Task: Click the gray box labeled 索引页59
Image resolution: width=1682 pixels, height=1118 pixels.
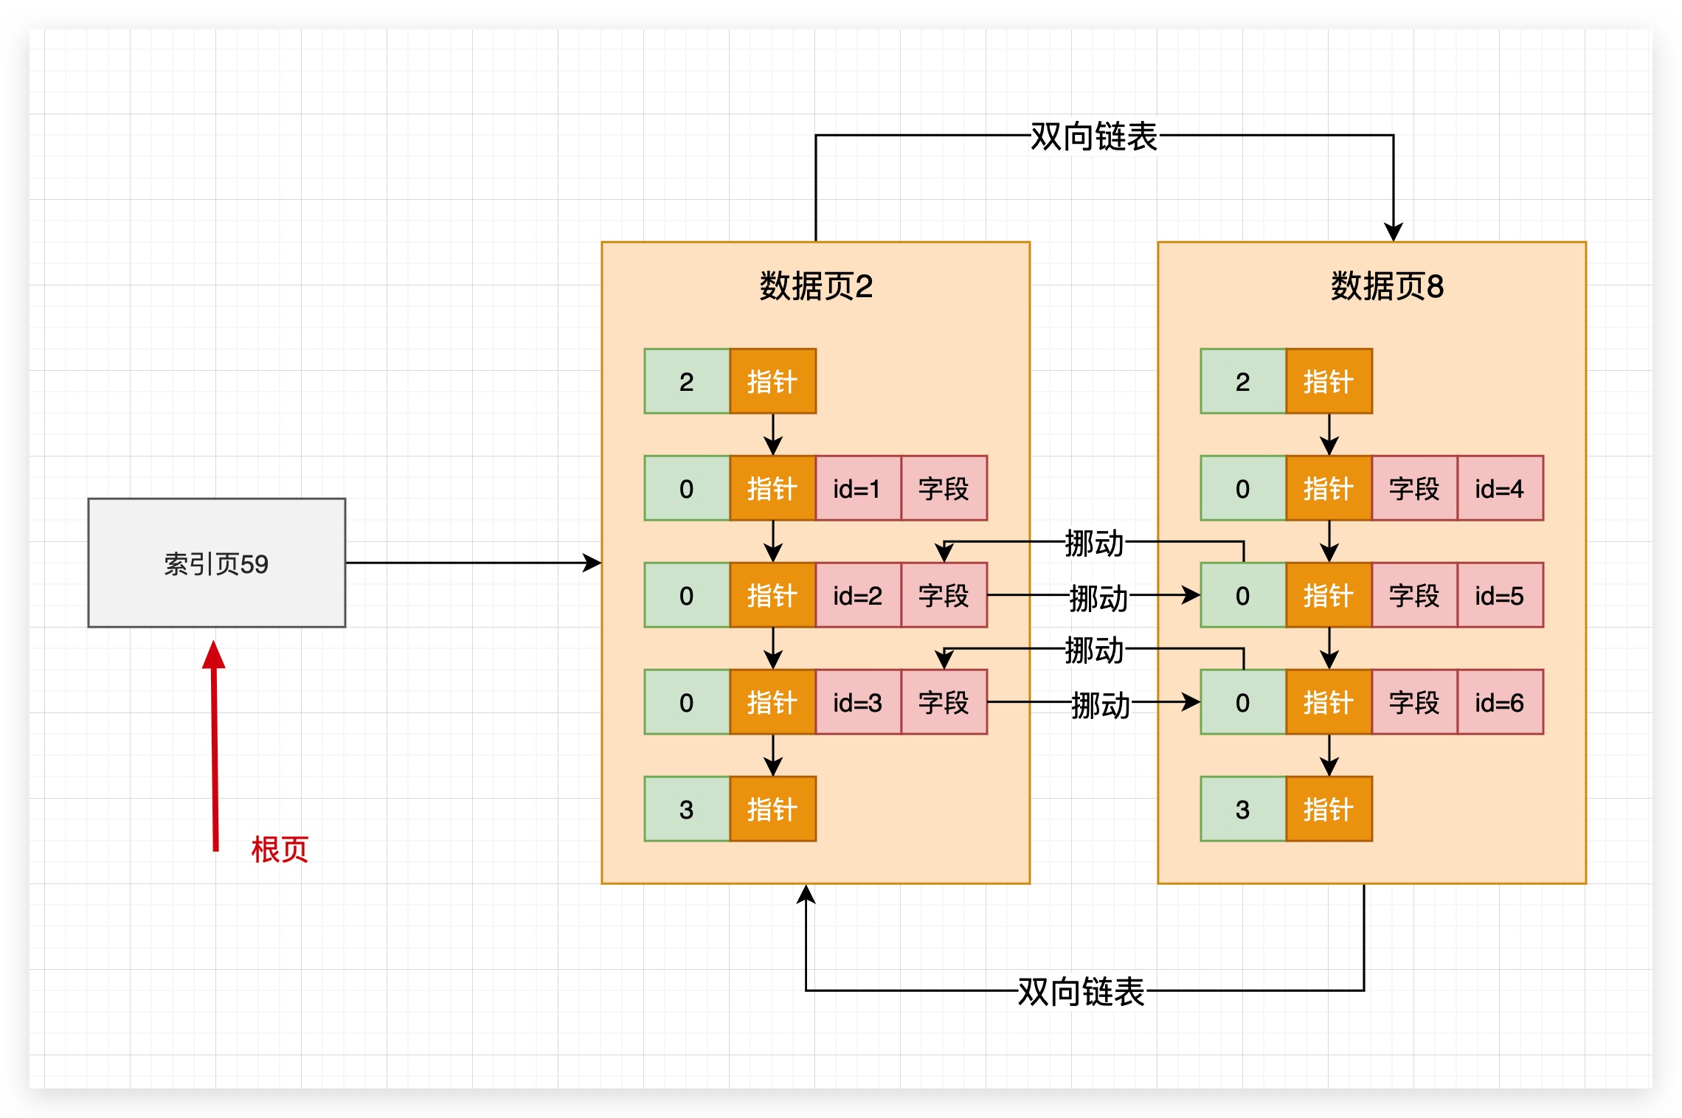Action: [x=216, y=563]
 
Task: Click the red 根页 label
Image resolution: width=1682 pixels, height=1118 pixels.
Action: [x=280, y=850]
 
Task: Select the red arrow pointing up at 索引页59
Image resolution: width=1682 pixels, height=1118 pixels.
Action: [x=215, y=745]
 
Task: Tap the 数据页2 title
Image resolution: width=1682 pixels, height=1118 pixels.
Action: [x=816, y=286]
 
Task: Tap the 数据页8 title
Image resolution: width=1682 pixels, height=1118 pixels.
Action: [x=1387, y=286]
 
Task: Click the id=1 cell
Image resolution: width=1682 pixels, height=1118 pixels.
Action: [x=857, y=488]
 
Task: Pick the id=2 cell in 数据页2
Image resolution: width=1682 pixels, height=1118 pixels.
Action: [x=857, y=595]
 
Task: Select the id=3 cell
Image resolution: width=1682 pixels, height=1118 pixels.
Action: [x=857, y=702]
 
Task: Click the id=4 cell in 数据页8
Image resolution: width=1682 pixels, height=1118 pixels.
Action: [x=1500, y=488]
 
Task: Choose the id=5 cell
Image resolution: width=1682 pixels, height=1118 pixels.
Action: [x=1500, y=595]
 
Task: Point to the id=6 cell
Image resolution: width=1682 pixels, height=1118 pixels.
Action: [x=1500, y=702]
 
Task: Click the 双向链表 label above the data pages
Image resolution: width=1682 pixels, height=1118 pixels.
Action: [x=1093, y=136]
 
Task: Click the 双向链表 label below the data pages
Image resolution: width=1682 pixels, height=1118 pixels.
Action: [x=1081, y=991]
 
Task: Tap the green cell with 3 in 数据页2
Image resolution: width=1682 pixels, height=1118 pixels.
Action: [x=686, y=809]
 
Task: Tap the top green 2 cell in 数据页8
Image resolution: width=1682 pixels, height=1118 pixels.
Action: [x=1243, y=381]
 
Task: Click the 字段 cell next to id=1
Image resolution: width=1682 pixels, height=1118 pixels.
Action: [x=944, y=488]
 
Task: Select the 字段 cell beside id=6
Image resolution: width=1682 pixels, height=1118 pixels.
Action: [x=1414, y=702]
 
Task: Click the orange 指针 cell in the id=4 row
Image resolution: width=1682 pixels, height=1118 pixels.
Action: [x=1329, y=488]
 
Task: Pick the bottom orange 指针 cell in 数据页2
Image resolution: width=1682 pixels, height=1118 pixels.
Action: [x=772, y=809]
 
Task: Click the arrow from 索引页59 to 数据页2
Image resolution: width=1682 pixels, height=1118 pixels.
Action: [x=472, y=563]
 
